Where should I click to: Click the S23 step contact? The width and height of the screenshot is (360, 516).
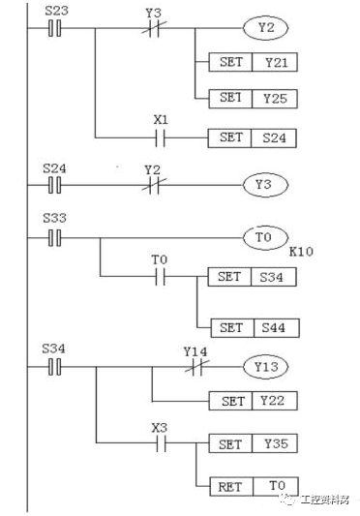tap(55, 28)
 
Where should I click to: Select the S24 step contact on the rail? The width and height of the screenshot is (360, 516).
tap(55, 182)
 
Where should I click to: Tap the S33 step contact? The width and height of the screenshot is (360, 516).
tap(55, 237)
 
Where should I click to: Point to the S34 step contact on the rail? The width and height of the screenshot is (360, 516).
tap(55, 367)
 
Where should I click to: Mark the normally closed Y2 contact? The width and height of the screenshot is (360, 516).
tap(152, 182)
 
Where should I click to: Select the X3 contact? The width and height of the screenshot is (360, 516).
tap(160, 444)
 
